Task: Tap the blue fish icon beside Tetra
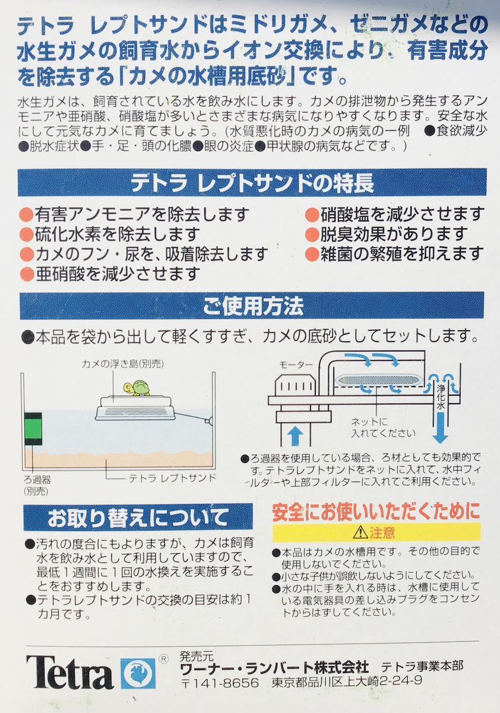(x=137, y=673)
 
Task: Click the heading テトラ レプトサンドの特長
(x=252, y=182)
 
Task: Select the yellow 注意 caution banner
(x=376, y=532)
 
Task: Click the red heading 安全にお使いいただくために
(x=375, y=512)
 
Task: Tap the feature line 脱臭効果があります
(x=392, y=234)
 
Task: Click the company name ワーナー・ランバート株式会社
(x=274, y=666)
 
